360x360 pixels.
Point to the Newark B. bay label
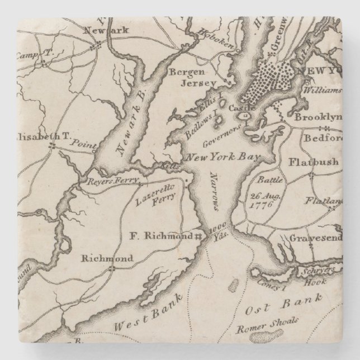point(130,136)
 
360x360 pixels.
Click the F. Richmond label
point(158,236)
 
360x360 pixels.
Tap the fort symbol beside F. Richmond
point(197,237)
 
